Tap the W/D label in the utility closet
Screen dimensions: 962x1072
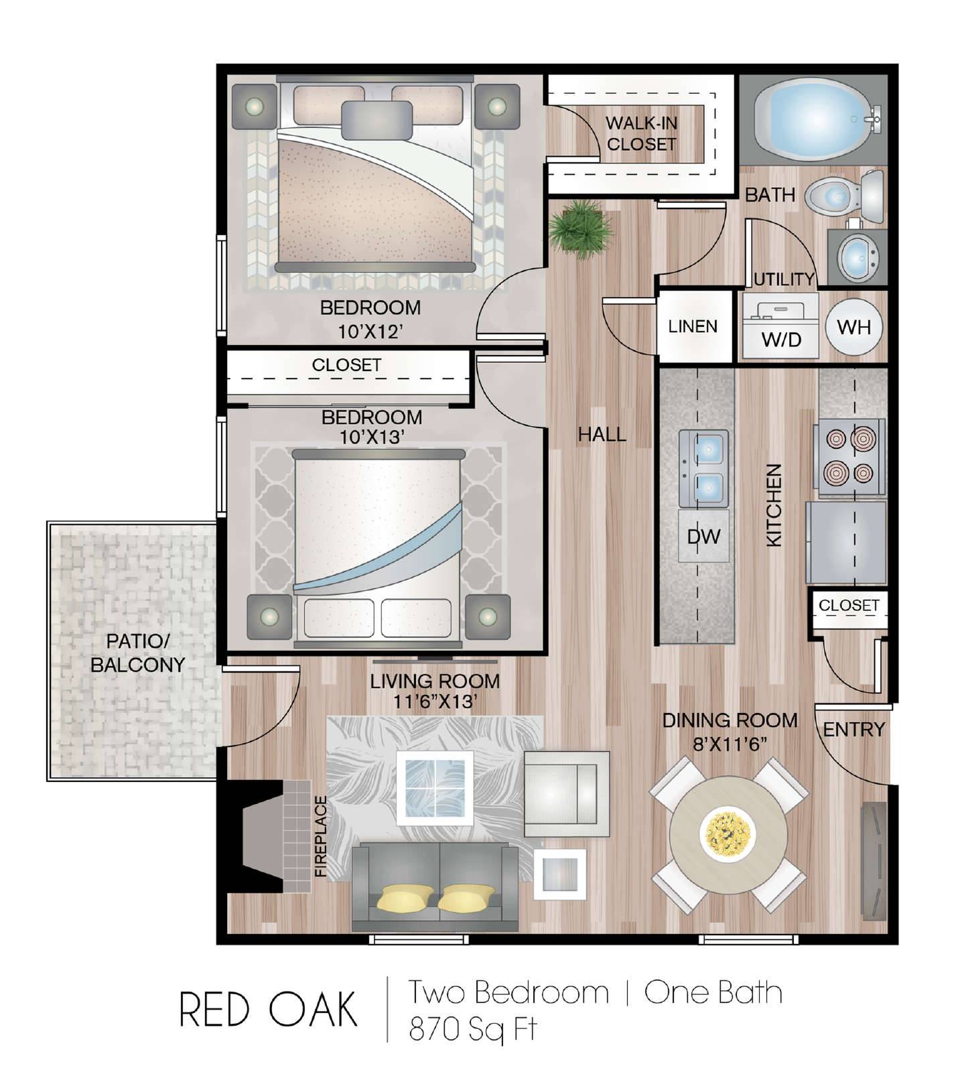[781, 340]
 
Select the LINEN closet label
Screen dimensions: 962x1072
[693, 326]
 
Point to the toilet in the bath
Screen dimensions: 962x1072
[844, 196]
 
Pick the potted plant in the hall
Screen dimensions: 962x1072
[580, 229]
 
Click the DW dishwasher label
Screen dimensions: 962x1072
[703, 536]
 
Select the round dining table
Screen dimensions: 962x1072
[729, 835]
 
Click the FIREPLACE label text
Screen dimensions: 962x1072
[321, 836]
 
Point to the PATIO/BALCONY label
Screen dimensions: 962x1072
[137, 653]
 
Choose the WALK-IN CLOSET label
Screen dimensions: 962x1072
[641, 133]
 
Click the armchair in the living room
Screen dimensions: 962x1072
[567, 794]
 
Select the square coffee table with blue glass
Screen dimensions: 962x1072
[435, 787]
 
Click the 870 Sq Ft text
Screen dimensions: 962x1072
[472, 1029]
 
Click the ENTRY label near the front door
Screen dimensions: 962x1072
[853, 729]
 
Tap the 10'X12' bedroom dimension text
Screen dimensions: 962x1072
[370, 330]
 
